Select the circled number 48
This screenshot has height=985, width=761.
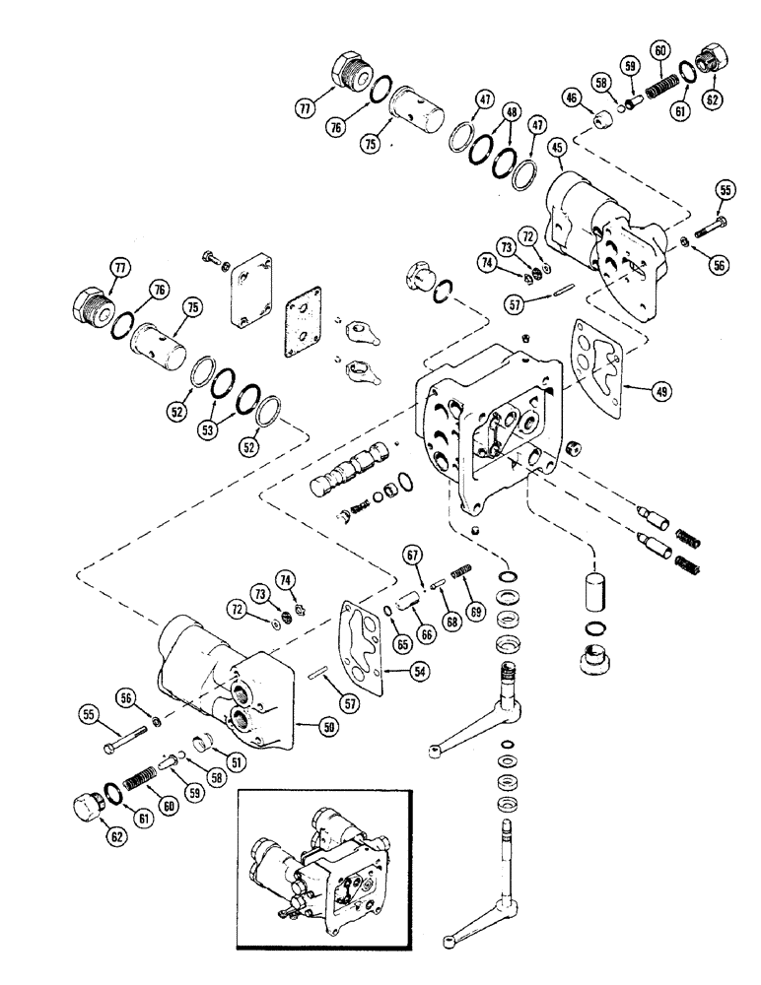point(511,112)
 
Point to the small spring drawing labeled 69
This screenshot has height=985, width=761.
point(461,572)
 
